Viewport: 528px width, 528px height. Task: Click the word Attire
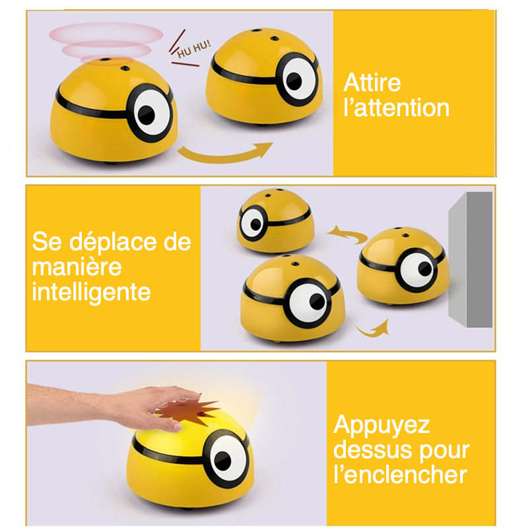coord(372,83)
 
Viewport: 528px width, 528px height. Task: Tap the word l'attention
coord(397,107)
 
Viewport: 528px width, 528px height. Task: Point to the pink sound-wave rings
coord(106,41)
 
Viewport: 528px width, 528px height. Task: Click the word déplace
coord(109,242)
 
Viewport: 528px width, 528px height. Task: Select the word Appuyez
coord(382,424)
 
